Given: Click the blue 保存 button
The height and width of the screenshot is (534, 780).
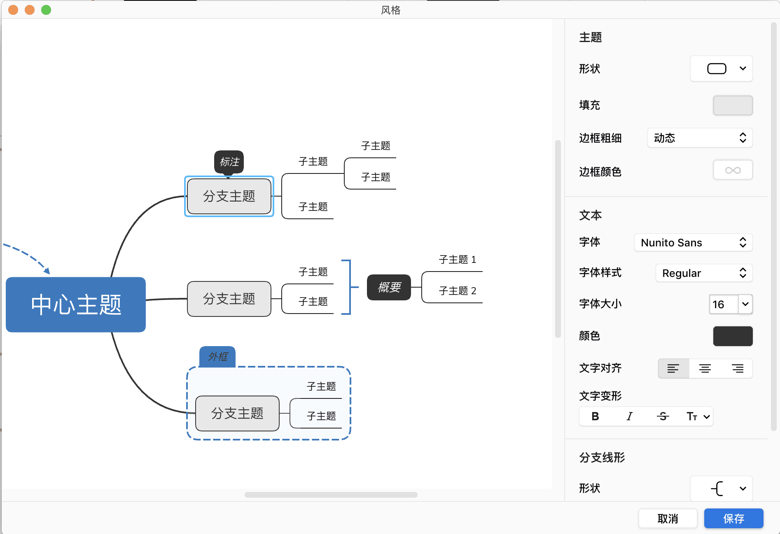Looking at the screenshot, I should coord(733,518).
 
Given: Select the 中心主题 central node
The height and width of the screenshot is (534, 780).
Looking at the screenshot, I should coord(76,304).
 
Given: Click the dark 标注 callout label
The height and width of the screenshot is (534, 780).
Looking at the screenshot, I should coord(229,162).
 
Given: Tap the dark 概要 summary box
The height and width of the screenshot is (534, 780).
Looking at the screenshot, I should coord(389,287).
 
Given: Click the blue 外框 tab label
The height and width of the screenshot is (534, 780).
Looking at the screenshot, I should coord(217,356).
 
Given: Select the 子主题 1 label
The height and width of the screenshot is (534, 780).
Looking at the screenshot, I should coord(457,260).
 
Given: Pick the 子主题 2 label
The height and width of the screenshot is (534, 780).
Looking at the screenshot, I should coord(457,291).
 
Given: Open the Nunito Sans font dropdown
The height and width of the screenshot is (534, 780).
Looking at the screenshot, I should coord(693,243).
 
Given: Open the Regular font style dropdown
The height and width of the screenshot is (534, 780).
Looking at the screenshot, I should coord(704,273).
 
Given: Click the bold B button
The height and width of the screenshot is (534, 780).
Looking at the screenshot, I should coord(595,417).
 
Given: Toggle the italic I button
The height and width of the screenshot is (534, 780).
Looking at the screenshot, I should coord(629,417).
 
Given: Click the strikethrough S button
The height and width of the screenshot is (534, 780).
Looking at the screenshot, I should coord(663,417).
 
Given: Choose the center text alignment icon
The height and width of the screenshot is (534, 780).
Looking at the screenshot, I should coord(705,368).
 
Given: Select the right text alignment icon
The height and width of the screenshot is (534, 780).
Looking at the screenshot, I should coord(737,368).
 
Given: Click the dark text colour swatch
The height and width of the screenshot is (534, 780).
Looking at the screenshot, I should coord(733,336).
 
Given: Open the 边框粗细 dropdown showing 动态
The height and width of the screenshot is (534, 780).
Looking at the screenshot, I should coord(700,138).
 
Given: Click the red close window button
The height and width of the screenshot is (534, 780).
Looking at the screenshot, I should coord(13,10).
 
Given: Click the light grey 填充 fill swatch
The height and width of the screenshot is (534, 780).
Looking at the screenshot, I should coord(733,105).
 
